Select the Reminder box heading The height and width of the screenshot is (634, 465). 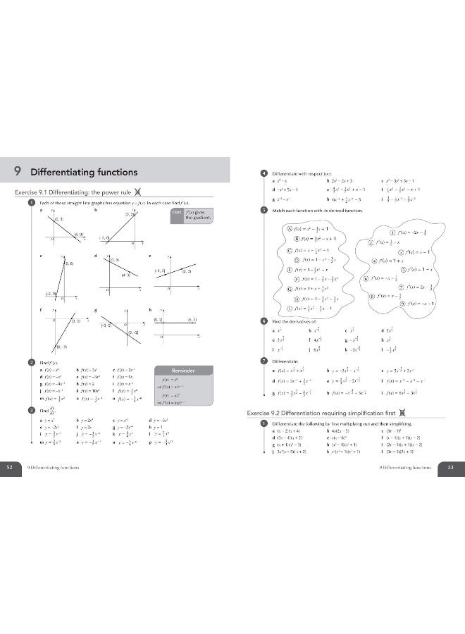click(182, 370)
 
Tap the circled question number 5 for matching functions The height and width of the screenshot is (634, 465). click(263, 210)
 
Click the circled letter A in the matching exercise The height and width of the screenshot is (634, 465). click(288, 228)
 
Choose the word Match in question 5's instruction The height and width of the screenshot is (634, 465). click(279, 210)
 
